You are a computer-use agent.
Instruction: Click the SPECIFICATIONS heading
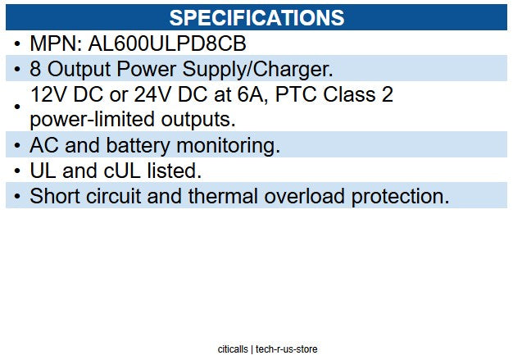point(256,17)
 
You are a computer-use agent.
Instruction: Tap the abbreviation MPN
point(54,43)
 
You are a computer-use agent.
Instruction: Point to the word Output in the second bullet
point(78,68)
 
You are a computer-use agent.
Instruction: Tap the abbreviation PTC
point(301,95)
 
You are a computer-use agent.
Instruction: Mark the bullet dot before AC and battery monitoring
point(17,145)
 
